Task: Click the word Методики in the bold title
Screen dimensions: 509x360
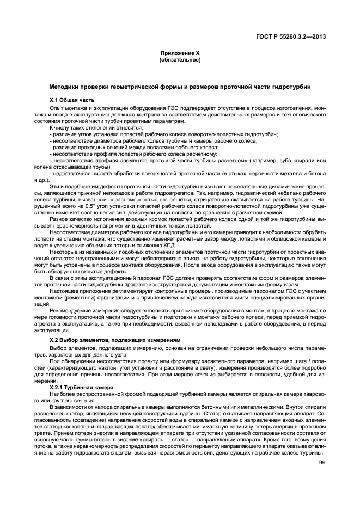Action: tap(64, 87)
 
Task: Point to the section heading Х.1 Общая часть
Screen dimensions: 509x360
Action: tap(72, 101)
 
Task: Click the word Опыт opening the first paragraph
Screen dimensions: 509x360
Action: tap(56, 108)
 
